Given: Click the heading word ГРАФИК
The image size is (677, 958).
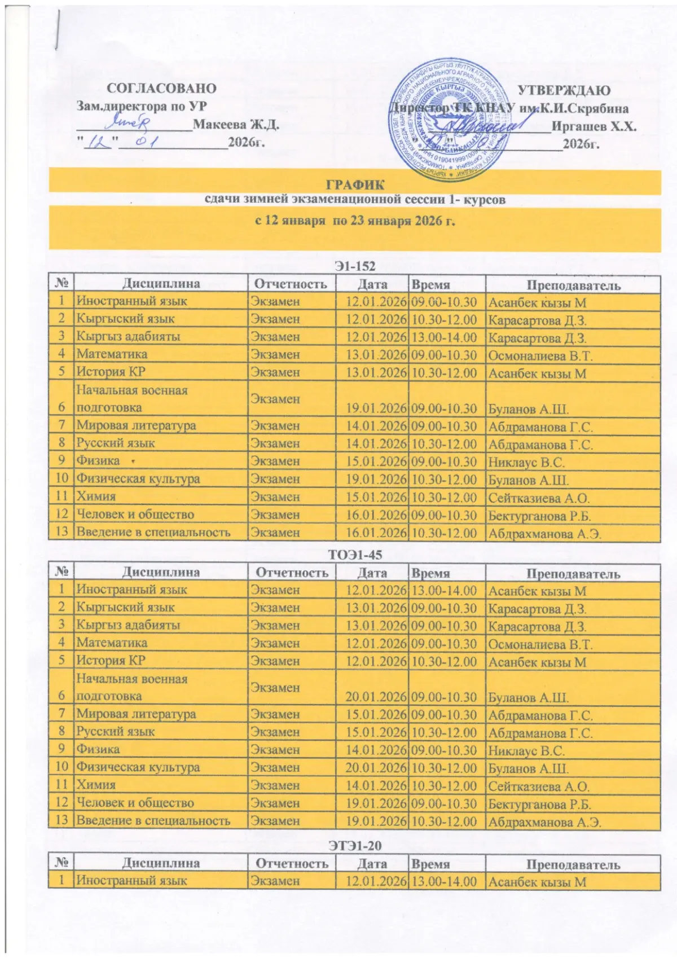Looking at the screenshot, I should [x=355, y=184].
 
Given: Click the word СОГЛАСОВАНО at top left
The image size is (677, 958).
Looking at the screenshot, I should [x=161, y=89].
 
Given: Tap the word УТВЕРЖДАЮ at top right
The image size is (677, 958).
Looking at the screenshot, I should [x=564, y=90].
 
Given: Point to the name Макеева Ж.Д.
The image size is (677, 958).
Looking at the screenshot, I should [x=236, y=124].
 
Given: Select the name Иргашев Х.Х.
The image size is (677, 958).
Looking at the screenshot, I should [x=594, y=126].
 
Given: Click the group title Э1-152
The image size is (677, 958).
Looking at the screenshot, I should [x=355, y=266].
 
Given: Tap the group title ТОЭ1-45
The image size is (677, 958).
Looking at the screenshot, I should [x=355, y=555].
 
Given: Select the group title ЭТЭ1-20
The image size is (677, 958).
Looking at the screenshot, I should [x=355, y=845].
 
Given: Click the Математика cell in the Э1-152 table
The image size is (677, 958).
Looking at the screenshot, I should [x=112, y=354].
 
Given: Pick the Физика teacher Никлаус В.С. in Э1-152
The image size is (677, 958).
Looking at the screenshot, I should [x=526, y=463].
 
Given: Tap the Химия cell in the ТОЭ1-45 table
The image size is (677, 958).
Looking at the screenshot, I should [x=96, y=785].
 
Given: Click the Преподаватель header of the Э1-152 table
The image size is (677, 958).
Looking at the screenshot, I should [x=573, y=285].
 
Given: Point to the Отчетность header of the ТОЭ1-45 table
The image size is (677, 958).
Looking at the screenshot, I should [x=292, y=573].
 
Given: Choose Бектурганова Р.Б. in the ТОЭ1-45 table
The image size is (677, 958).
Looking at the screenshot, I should [x=539, y=805].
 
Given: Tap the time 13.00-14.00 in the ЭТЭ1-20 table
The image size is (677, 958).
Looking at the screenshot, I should [x=444, y=881].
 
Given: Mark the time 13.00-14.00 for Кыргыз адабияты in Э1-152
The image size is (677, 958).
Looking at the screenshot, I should [x=444, y=337].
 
